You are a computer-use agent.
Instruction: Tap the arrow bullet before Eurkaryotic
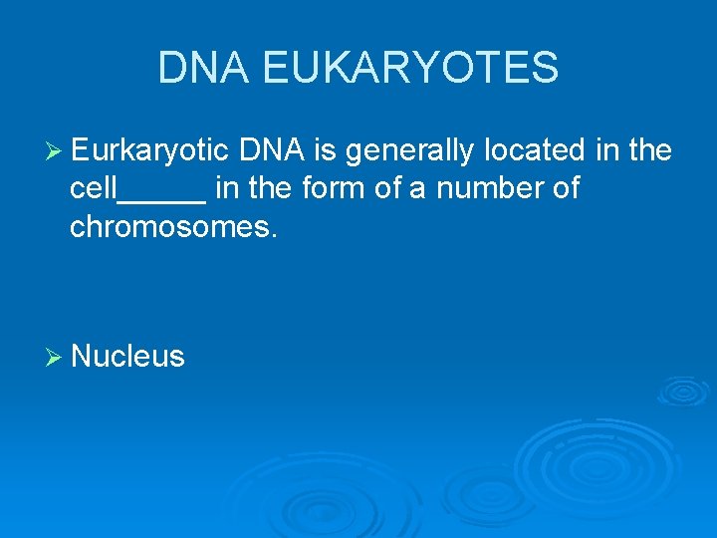[x=55, y=151]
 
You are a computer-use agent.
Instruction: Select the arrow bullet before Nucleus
[x=55, y=357]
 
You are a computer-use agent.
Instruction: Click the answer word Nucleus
[x=128, y=357]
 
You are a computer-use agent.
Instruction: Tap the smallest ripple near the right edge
[x=683, y=392]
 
